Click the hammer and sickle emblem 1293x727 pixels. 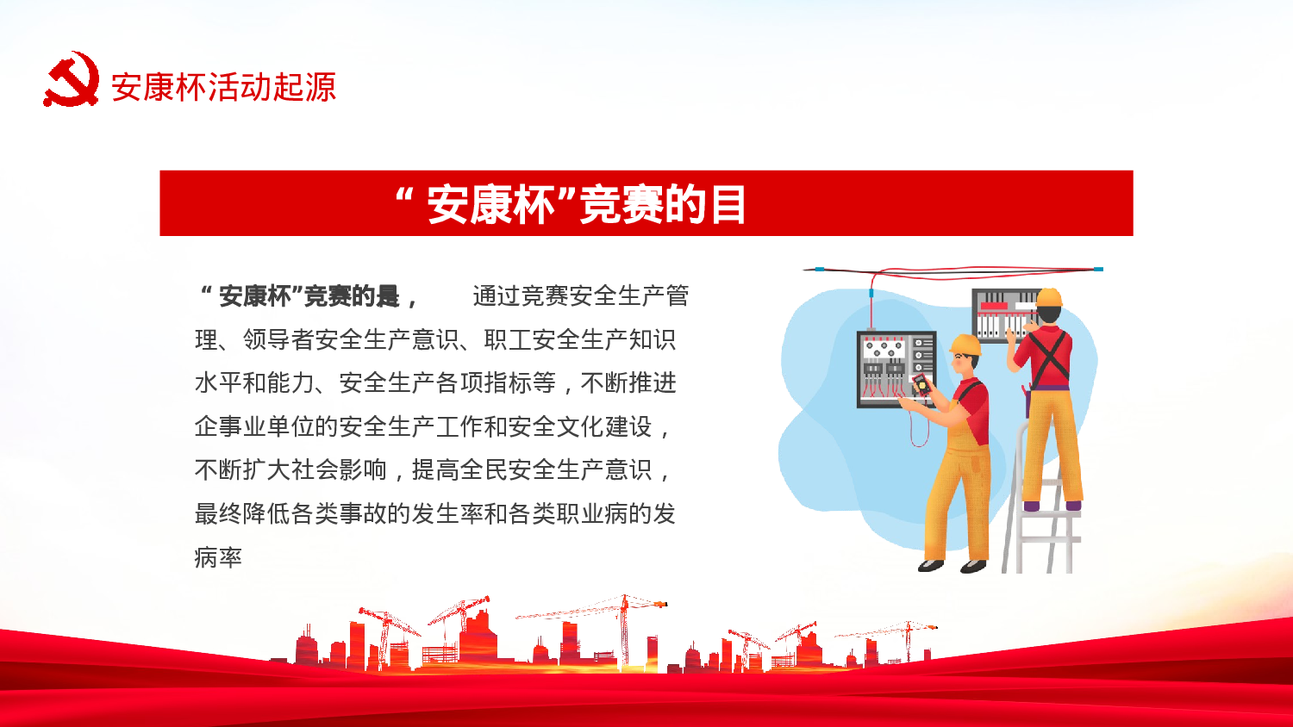click(71, 80)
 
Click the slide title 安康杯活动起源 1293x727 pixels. click(223, 87)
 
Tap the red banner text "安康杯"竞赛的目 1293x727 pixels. click(571, 205)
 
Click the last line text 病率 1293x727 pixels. click(218, 557)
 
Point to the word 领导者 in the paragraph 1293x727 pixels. click(278, 339)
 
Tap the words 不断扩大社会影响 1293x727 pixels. click(290, 469)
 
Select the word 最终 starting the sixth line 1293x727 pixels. click(218, 513)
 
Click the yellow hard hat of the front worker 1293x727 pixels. click(965, 344)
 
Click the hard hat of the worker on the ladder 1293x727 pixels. click(1049, 298)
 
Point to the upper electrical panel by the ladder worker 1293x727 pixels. click(1000, 315)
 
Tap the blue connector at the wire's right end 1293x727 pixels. click(1097, 270)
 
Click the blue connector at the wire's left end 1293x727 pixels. click(818, 270)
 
